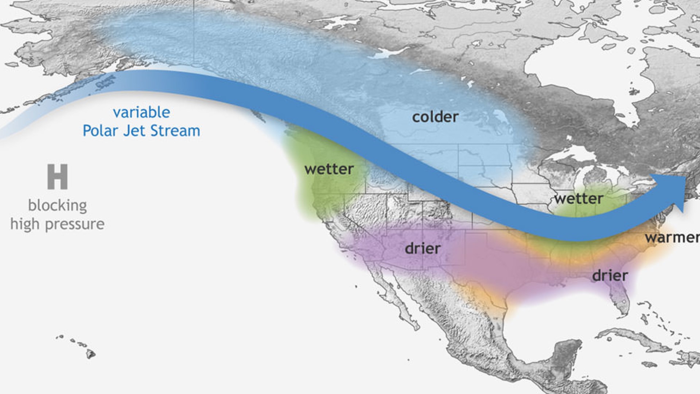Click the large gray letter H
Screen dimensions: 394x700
pos(57,177)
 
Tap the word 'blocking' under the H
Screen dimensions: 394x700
pos(57,205)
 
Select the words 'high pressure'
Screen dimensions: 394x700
pos(57,224)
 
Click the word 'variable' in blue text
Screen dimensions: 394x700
pos(141,112)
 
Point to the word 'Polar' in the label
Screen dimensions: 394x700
pos(101,131)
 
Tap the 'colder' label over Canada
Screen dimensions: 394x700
pos(435,117)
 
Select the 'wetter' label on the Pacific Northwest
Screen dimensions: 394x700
pos(329,169)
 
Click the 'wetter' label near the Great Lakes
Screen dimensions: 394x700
pos(579,199)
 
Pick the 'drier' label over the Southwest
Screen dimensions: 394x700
pos(423,249)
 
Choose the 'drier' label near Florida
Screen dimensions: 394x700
pos(610,275)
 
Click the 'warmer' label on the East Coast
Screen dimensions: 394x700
pos(672,238)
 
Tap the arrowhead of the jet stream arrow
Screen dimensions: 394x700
pos(671,192)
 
